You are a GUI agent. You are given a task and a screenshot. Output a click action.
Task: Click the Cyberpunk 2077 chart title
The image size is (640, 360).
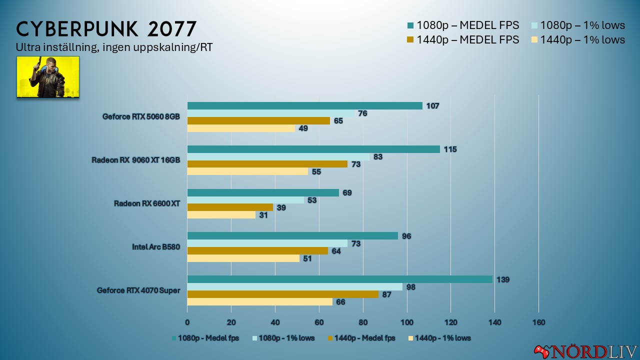point(106,29)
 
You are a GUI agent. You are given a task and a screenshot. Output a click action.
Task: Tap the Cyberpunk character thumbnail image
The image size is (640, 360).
point(48,76)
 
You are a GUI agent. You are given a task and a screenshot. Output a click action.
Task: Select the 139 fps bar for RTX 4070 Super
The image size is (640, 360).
point(339,279)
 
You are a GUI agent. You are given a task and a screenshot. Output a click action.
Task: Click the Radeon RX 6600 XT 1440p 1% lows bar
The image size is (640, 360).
point(221,215)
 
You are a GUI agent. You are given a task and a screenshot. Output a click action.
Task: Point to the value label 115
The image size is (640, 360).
point(450,149)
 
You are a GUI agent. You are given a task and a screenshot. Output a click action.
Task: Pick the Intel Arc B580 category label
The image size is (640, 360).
point(155,246)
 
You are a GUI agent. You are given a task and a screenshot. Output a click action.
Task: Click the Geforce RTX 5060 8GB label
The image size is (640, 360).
point(141,117)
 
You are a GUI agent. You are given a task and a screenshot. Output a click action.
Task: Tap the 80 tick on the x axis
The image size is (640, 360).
point(363,322)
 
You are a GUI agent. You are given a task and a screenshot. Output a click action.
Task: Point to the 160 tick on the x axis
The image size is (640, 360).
point(538,322)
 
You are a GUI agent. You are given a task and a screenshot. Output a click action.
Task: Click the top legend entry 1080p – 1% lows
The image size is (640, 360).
point(576,25)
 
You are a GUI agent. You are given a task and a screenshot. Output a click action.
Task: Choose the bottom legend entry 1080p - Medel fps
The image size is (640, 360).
point(205,338)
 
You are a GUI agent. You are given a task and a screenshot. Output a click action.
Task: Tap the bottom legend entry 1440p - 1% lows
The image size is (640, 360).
point(440,338)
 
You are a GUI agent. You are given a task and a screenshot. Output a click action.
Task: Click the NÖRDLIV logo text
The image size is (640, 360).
point(594,351)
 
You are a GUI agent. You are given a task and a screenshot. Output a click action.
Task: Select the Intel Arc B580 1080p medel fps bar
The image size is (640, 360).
point(292,235)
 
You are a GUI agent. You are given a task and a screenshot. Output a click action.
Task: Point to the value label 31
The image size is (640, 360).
point(263,215)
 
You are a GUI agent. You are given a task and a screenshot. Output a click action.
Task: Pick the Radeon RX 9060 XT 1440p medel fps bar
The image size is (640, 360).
point(267,164)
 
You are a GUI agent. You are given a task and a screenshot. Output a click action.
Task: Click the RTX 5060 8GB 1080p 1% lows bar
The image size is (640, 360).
point(271,113)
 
